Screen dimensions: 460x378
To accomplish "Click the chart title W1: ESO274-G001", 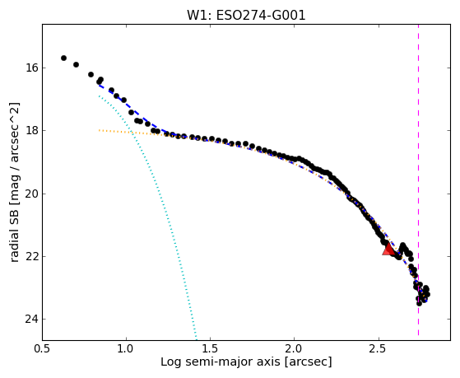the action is pos(246,16).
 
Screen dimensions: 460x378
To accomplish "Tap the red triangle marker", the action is pos(388,250).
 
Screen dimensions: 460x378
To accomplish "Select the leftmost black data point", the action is pos(63,58).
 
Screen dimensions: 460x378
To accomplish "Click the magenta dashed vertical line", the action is pos(418,180).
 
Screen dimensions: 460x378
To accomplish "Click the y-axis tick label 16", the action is pos(31,68).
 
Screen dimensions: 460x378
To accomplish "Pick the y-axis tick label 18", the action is pos(31,130).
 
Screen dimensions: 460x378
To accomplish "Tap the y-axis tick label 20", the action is pos(31,194).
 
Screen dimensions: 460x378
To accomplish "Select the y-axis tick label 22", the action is pos(31,256).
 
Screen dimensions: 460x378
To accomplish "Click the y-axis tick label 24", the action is pos(31,319).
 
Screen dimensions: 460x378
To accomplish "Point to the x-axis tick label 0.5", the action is pos(42,349).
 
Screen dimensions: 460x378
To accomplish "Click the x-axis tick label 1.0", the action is pos(126,349).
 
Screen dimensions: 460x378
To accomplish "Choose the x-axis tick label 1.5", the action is pos(211,349).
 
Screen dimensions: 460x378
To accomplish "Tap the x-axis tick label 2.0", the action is pos(295,349).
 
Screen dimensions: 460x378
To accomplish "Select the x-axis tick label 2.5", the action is pos(379,349).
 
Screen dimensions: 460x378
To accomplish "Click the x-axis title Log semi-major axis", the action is pos(221,362).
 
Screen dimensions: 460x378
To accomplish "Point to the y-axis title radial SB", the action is pos(14,234).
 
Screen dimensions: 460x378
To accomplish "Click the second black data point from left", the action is pos(76,64).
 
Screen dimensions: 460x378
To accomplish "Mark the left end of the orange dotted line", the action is pos(100,130).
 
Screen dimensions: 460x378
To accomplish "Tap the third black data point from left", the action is pos(91,75).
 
